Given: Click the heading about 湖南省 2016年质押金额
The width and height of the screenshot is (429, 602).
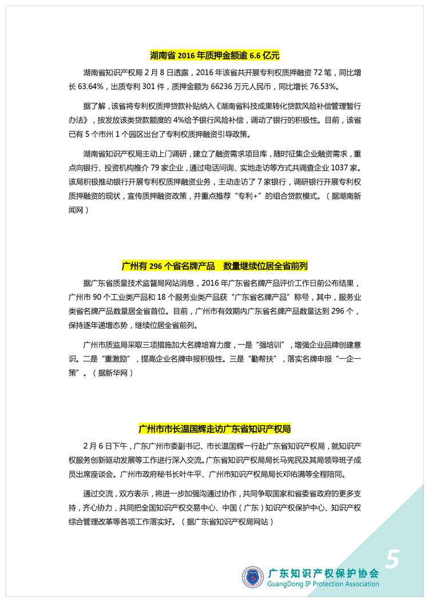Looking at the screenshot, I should coord(214,55).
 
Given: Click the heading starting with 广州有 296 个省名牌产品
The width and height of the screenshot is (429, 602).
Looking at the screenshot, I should coord(214,266).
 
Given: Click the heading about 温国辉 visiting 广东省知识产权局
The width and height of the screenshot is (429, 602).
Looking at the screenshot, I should coord(214,428).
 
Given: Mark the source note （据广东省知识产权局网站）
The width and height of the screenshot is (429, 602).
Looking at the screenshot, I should coord(226,521).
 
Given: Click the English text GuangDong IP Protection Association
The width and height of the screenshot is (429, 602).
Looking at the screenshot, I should coord(324,584).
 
